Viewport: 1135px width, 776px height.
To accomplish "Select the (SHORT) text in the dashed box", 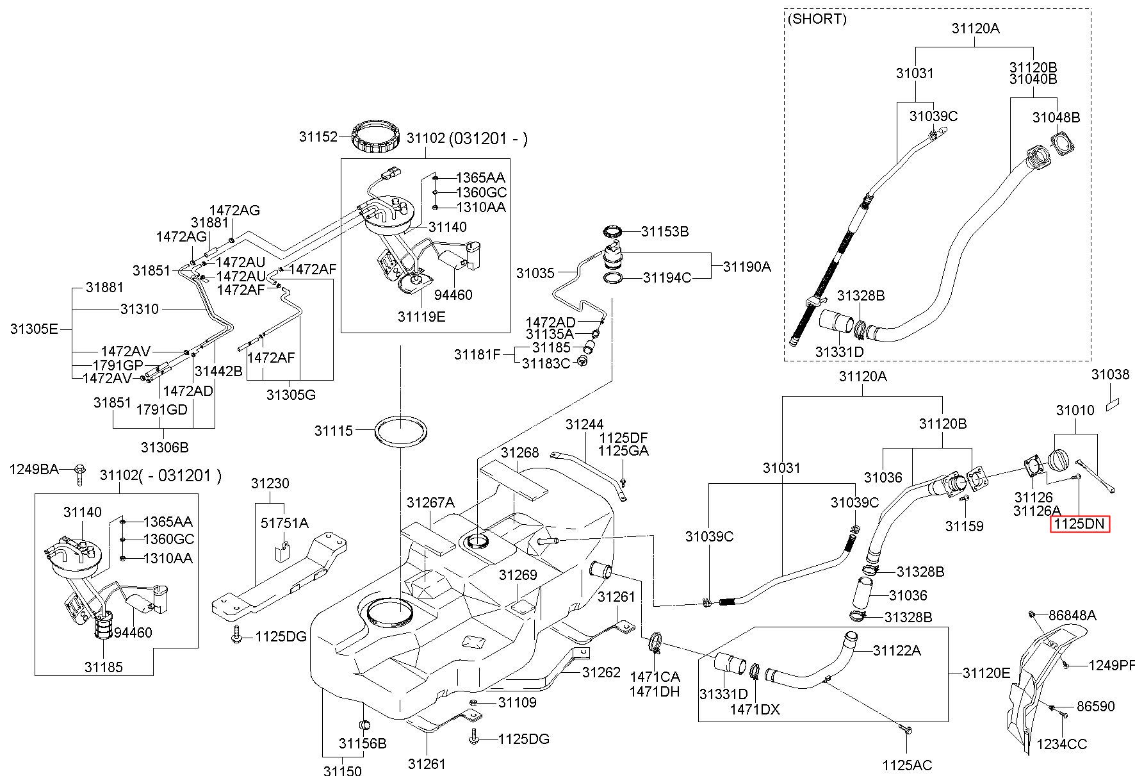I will tap(817, 19).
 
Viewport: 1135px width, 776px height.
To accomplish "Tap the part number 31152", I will tap(318, 136).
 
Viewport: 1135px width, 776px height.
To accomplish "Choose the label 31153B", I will tap(665, 231).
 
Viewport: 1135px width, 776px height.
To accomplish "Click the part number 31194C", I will tap(667, 277).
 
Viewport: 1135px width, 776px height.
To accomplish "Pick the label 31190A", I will tap(747, 267).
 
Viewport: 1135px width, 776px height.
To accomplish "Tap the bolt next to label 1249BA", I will tap(80, 473).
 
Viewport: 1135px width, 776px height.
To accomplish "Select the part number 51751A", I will tap(284, 523).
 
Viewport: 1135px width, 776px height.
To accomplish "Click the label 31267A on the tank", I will tap(430, 503).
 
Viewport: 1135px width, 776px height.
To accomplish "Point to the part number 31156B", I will tap(363, 743).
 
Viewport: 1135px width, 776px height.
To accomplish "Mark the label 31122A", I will tap(897, 650).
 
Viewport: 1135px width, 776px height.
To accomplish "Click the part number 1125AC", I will tap(907, 765).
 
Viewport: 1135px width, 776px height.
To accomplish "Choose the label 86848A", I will tap(1072, 615).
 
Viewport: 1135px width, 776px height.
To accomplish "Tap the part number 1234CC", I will tap(1062, 744).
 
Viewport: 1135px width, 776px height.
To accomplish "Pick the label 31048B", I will tap(1056, 117).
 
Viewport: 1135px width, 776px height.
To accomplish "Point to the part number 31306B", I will tap(165, 447).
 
